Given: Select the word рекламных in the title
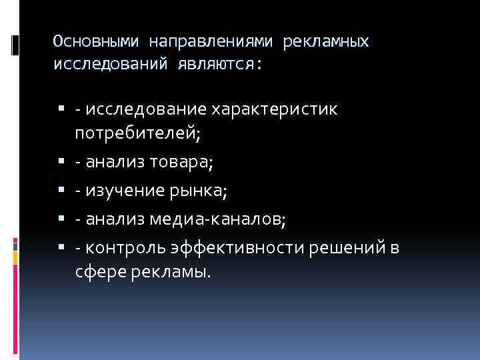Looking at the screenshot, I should tap(326, 42).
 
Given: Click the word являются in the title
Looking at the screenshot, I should tap(220, 64).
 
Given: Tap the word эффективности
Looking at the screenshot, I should tap(240, 249).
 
